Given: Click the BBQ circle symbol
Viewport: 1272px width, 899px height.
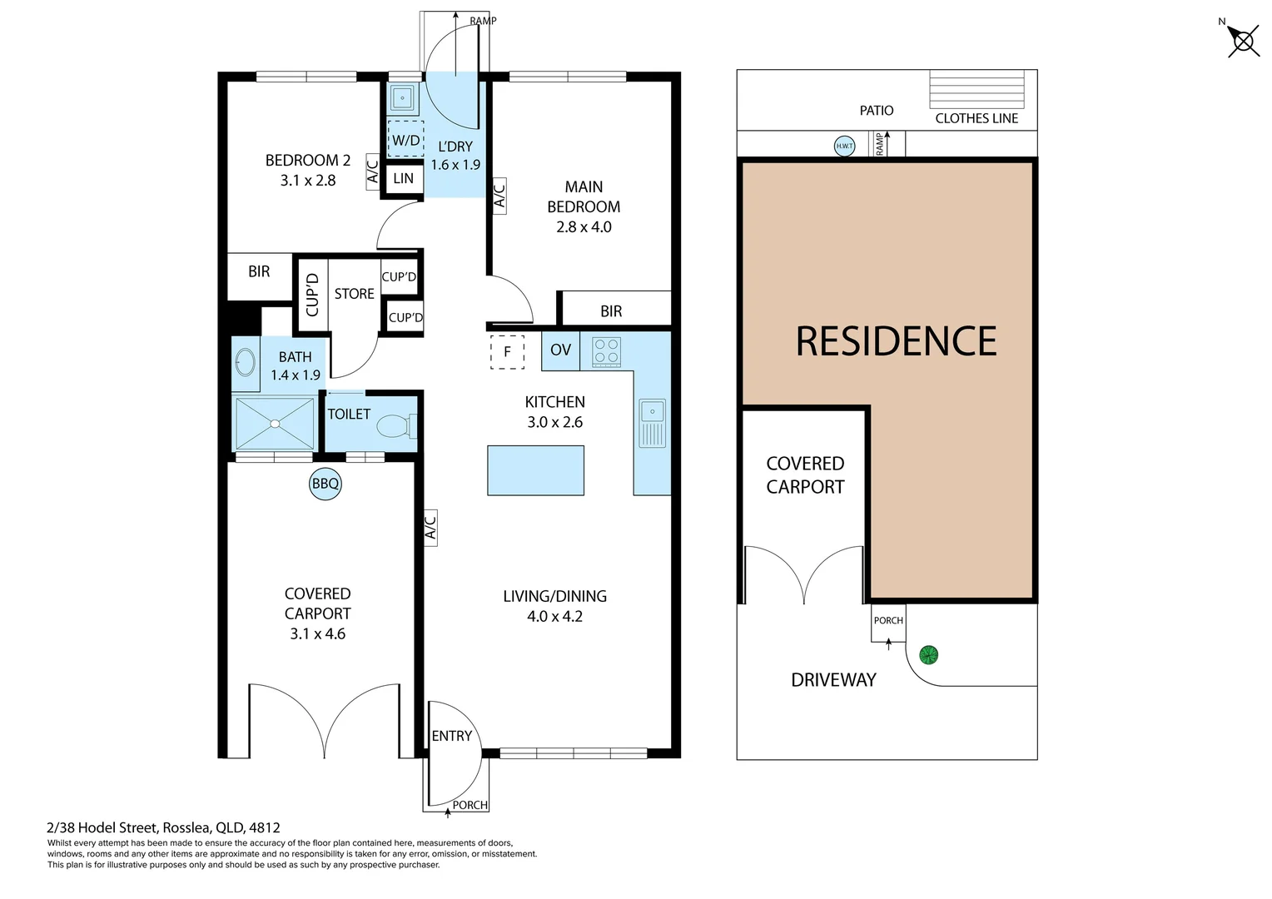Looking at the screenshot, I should click(x=325, y=484).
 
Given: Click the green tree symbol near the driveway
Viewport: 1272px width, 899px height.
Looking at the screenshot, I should click(x=928, y=655).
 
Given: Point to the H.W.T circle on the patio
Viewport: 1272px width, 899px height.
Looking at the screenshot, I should click(x=844, y=147).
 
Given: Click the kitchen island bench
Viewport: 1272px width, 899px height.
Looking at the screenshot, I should click(x=535, y=470).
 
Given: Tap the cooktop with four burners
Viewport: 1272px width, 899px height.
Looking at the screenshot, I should click(x=606, y=351).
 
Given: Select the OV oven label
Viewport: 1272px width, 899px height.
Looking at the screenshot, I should click(x=560, y=350).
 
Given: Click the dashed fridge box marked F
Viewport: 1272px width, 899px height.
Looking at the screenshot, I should click(x=507, y=351).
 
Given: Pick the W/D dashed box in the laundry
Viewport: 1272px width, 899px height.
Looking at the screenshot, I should click(x=406, y=140).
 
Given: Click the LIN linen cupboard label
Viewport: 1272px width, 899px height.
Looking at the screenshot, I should click(x=403, y=178).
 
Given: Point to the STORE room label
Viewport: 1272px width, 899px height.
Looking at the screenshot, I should click(x=354, y=294).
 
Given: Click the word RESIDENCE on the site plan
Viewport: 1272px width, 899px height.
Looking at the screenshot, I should click(x=896, y=341).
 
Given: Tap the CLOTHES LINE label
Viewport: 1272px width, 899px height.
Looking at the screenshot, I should click(x=976, y=118).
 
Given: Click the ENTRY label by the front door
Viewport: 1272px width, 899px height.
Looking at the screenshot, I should click(x=451, y=736).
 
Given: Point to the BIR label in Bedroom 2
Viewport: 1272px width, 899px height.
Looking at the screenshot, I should click(x=259, y=271).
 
